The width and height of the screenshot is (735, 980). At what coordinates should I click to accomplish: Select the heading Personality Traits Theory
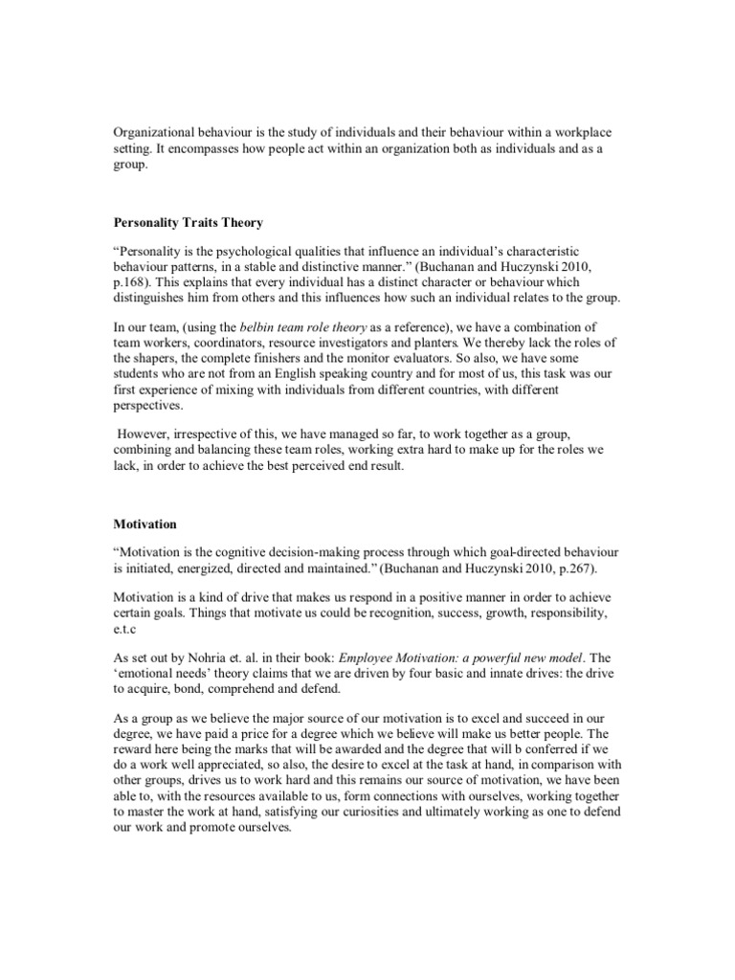click(188, 223)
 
